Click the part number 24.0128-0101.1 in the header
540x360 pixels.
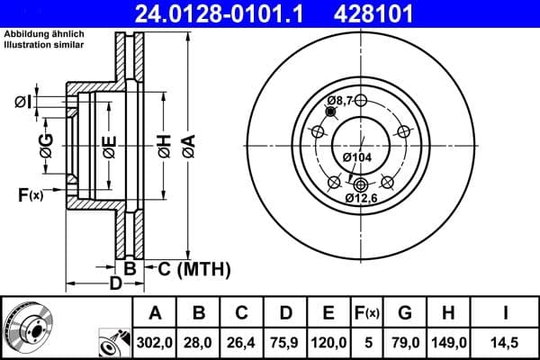[x=231, y=13]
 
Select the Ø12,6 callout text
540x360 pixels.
[x=364, y=197]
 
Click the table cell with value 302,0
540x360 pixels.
[x=155, y=341]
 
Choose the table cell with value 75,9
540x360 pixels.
[x=285, y=341]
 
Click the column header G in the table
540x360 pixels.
[x=405, y=313]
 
